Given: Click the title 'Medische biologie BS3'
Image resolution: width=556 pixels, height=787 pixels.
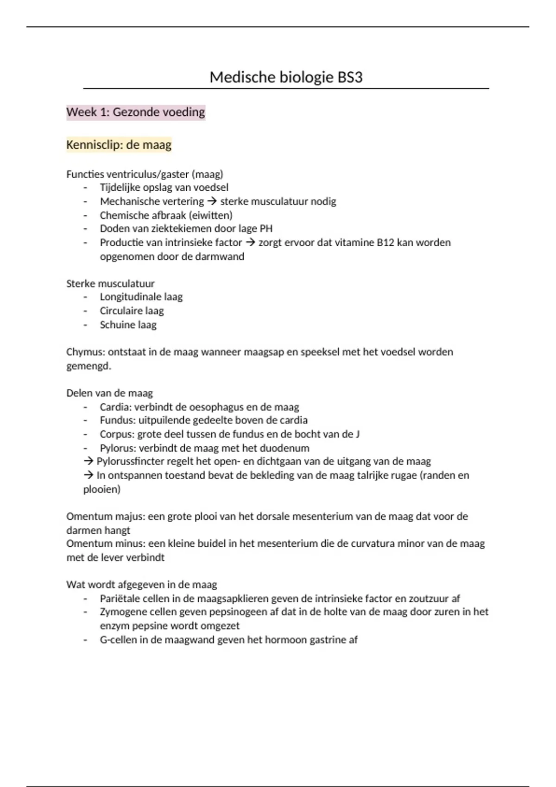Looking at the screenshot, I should (286, 77).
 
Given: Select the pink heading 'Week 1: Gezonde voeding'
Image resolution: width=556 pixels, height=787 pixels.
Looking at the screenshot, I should (135, 112).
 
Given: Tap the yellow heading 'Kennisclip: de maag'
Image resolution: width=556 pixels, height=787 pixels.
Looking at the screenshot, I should (119, 145).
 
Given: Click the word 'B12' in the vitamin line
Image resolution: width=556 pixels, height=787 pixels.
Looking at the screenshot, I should (385, 243).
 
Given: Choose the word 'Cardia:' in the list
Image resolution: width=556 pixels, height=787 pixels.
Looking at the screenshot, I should (115, 407).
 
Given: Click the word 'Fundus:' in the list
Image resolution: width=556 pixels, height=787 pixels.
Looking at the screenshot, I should (118, 420).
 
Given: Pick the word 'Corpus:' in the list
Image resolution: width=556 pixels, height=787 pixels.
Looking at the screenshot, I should (117, 434).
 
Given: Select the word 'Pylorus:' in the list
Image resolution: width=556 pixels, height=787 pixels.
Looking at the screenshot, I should (118, 448).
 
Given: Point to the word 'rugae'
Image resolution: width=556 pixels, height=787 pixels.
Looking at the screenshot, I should (402, 475).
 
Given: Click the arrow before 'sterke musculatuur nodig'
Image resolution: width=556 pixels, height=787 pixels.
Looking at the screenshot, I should (212, 201).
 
